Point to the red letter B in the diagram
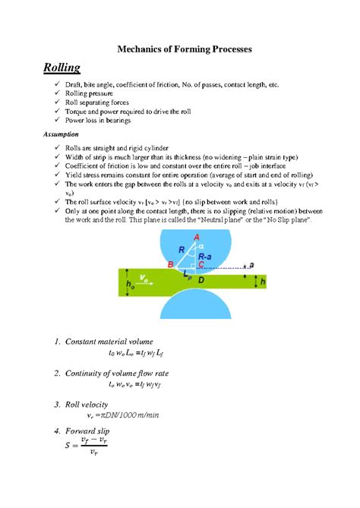(171, 264)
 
